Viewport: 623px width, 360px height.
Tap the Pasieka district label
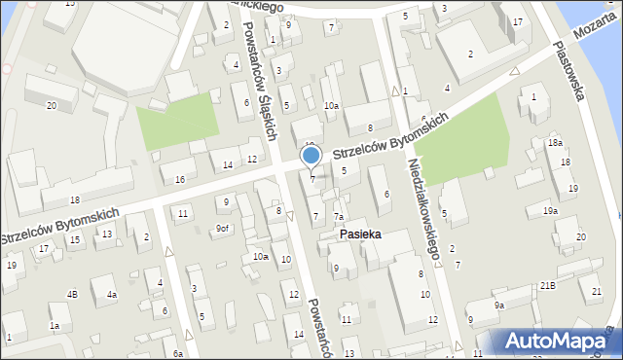360,234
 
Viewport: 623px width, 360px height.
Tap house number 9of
223,229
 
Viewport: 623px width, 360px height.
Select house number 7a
339,216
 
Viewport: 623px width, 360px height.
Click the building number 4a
112,294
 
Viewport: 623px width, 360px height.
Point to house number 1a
55,325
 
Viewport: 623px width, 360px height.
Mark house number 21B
547,284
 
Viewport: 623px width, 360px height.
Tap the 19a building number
550,210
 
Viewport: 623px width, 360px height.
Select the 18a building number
554,143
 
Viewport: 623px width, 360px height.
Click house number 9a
498,306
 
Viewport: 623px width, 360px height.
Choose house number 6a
177,354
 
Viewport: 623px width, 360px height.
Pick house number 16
179,179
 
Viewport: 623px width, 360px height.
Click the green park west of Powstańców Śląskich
176,126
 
